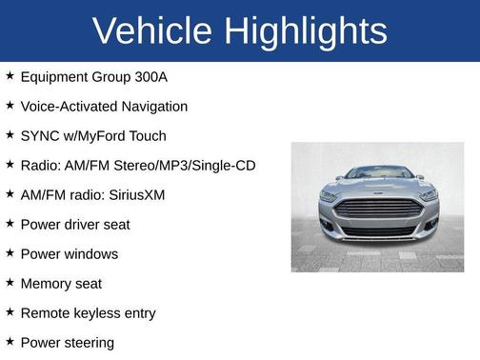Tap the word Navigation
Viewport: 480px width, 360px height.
(x=152, y=107)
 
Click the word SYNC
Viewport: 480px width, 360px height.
(x=40, y=136)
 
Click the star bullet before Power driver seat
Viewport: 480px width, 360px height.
(x=10, y=224)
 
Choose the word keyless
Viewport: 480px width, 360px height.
(x=98, y=313)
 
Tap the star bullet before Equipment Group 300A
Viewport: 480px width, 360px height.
(x=10, y=76)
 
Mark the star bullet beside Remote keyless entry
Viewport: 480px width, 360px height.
(x=10, y=312)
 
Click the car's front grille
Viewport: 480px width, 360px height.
(x=378, y=209)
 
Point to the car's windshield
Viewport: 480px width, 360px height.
(x=378, y=174)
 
